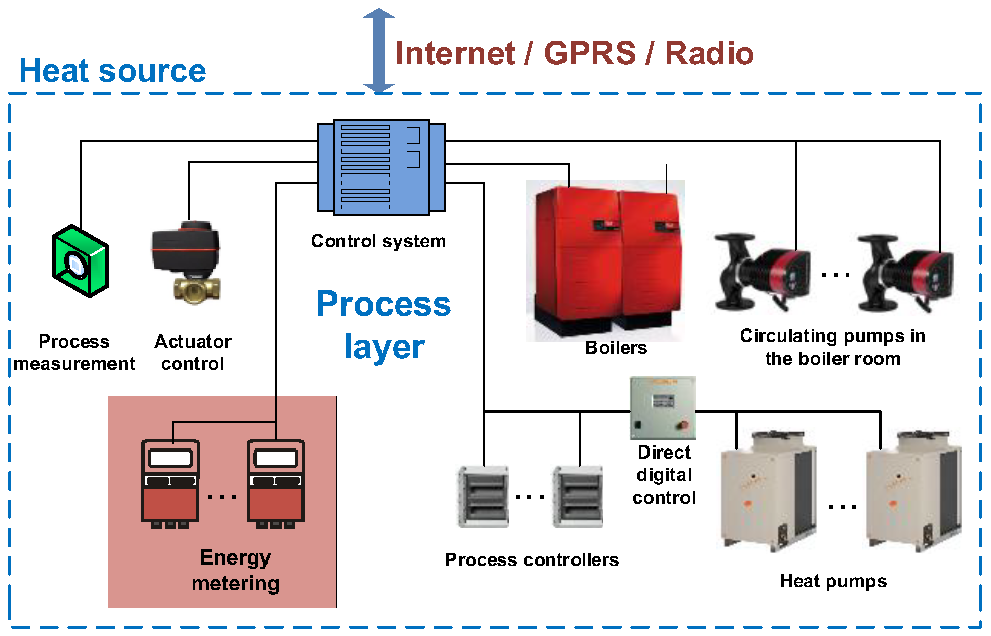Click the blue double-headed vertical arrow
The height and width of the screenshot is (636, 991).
click(378, 51)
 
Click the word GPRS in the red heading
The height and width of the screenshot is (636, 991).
click(589, 53)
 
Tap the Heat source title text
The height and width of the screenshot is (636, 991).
click(112, 70)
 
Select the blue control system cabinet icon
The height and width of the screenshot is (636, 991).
click(381, 167)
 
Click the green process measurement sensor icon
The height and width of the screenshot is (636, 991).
click(80, 261)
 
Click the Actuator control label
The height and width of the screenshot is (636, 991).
click(193, 352)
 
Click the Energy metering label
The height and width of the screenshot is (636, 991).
click(235, 570)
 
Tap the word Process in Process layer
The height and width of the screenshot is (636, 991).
click(384, 304)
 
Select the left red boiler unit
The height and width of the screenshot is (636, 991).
click(575, 258)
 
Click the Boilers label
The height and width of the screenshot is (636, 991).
click(616, 348)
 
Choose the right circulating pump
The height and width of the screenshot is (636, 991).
click(904, 274)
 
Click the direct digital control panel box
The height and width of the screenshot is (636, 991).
click(662, 408)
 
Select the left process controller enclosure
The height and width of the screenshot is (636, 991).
click(483, 497)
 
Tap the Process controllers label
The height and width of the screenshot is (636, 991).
click(531, 560)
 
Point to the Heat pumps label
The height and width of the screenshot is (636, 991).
click(833, 581)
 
